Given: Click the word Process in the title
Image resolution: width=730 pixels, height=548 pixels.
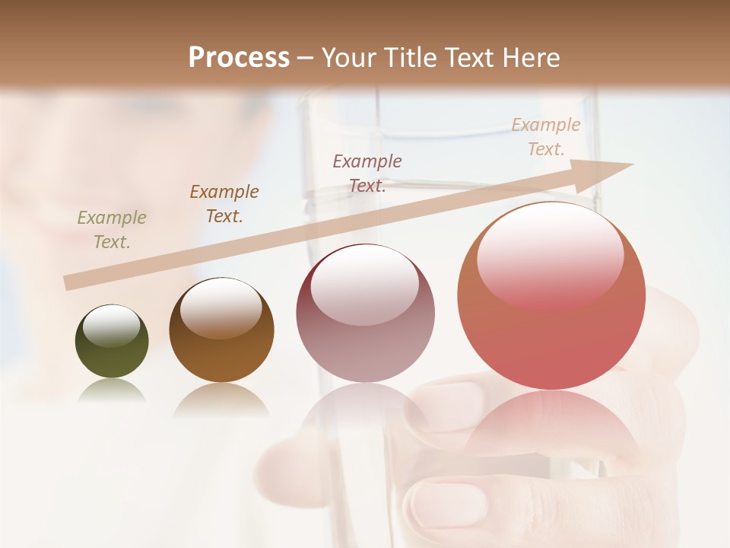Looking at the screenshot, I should click(239, 58).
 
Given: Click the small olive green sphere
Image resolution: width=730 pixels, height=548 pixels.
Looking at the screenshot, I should click(112, 342).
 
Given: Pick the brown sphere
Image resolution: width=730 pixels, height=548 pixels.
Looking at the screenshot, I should click(221, 330).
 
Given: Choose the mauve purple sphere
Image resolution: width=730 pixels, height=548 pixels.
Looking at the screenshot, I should click(365, 313).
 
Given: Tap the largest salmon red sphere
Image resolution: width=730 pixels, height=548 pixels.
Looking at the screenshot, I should click(551, 295).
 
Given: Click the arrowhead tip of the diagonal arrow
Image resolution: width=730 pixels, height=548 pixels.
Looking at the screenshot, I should click(632, 164).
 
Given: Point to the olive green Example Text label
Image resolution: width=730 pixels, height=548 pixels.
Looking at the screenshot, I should click(112, 230).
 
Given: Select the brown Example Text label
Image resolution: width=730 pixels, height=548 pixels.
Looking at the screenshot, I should click(224, 204).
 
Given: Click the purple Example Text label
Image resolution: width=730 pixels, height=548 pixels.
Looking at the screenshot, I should click(367, 174).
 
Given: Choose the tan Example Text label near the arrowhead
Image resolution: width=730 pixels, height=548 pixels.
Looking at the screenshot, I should click(545, 137).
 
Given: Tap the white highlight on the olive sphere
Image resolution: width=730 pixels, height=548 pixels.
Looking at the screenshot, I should click(112, 326).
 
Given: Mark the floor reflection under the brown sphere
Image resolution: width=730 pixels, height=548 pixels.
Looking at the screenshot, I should click(221, 400).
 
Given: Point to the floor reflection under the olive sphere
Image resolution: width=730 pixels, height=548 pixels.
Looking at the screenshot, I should click(112, 391).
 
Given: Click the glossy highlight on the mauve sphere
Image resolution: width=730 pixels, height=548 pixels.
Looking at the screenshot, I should click(365, 283).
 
